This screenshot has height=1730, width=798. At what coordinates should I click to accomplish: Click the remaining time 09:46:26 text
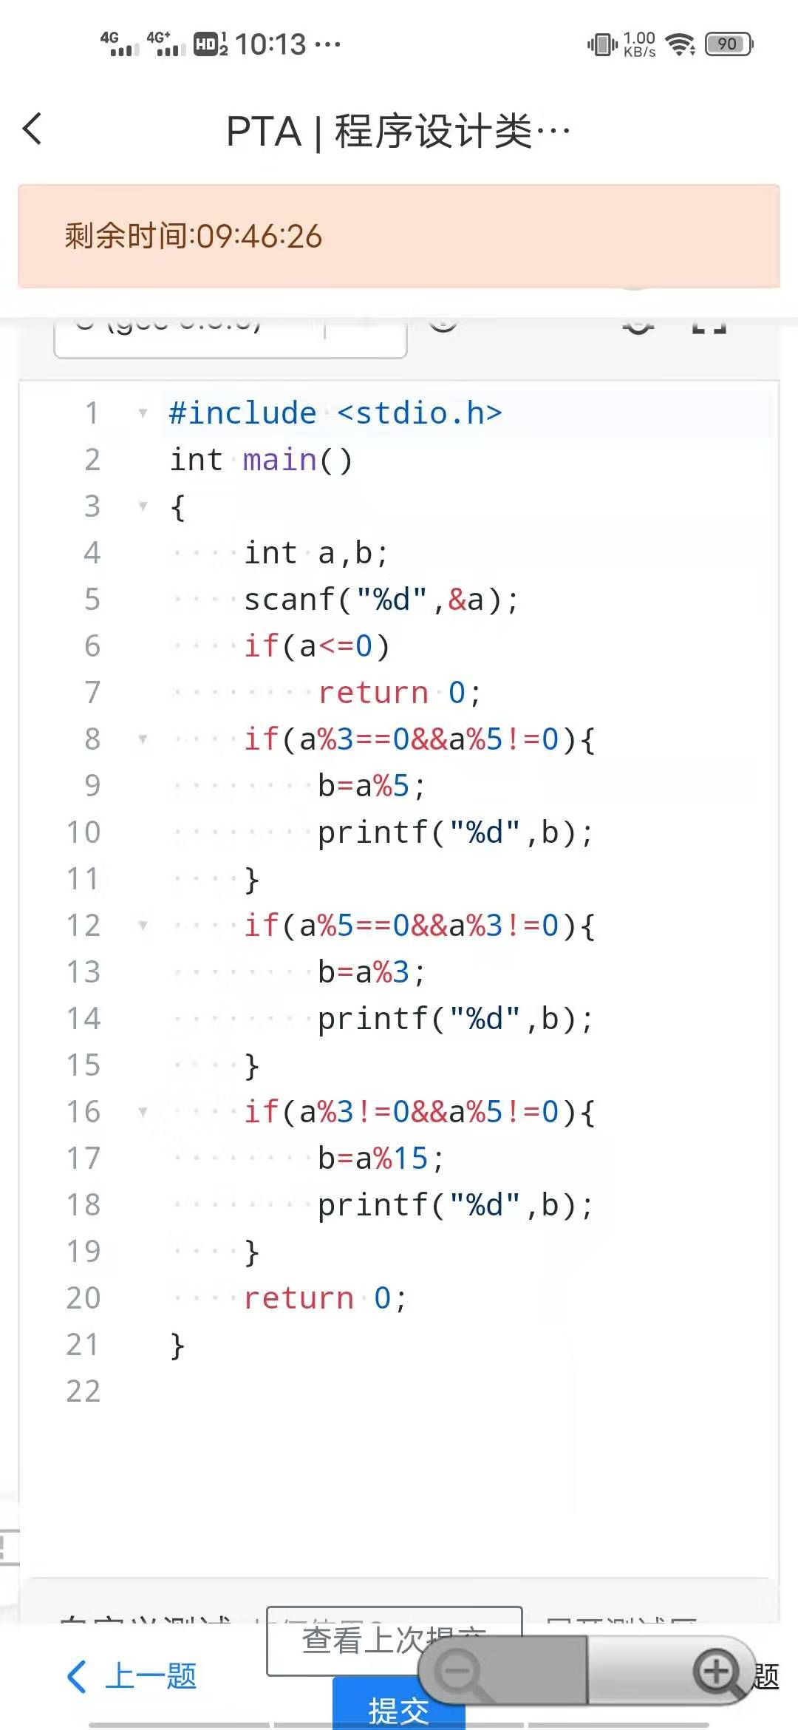(x=194, y=237)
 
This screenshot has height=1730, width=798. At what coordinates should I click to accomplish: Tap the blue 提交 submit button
(x=398, y=1710)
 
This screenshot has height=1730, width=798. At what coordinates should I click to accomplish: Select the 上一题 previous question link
(x=133, y=1676)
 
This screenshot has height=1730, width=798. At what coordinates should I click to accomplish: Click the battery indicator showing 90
(x=729, y=44)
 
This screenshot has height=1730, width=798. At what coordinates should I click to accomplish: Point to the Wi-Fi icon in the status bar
(x=680, y=44)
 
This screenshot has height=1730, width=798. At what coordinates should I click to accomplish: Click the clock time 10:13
(x=270, y=44)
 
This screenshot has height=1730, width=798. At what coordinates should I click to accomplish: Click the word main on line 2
(x=279, y=460)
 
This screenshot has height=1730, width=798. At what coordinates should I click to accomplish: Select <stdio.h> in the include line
(x=419, y=413)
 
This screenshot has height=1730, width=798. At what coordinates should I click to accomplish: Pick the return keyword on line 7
(x=373, y=693)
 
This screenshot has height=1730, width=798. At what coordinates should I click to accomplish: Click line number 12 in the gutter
(x=83, y=926)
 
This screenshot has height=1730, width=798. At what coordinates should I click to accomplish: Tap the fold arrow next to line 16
(x=143, y=1111)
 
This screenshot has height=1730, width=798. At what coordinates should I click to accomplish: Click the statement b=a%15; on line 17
(x=381, y=1159)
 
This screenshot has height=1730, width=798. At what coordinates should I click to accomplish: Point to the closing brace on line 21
(x=177, y=1345)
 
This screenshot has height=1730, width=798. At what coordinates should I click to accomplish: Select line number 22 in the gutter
(x=83, y=1391)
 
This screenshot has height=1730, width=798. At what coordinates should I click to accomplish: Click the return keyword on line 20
(x=299, y=1298)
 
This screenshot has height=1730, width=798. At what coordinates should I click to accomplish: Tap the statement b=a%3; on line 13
(x=372, y=972)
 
